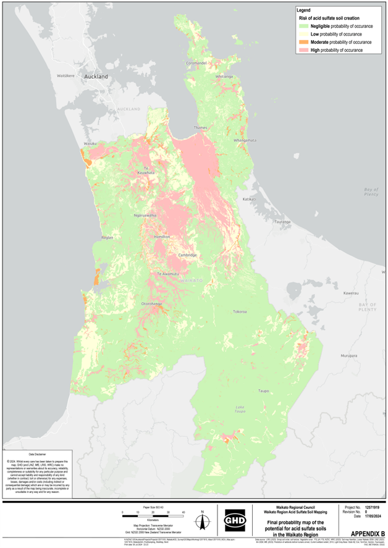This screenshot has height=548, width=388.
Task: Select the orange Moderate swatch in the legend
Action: click(303, 41)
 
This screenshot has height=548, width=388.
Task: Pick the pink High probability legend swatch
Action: click(303, 49)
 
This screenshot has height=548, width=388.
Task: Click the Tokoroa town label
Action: click(240, 312)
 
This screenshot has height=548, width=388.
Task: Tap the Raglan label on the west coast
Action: click(108, 237)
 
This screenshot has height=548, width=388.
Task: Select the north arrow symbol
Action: click(202, 518)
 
